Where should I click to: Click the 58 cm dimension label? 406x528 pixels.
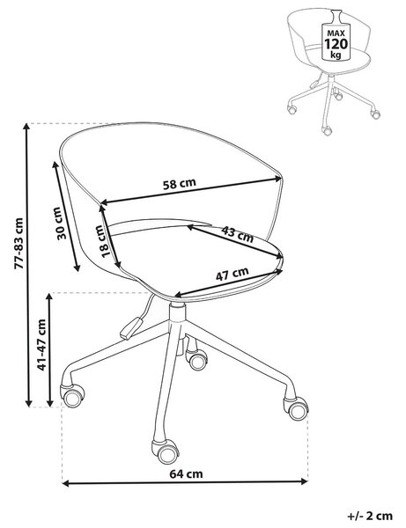(x=180, y=184)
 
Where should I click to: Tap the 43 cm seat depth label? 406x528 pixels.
(x=237, y=234)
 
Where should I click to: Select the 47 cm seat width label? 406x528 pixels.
(x=233, y=274)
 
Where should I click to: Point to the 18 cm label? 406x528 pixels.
(x=104, y=241)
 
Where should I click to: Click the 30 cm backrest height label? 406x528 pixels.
(x=59, y=224)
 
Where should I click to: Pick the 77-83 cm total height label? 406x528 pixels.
(x=18, y=244)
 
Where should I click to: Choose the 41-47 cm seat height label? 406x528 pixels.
(x=41, y=345)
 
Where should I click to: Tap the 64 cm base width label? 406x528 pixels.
(x=186, y=474)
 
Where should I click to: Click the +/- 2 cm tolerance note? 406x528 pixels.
(x=370, y=516)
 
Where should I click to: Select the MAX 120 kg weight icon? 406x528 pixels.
(x=336, y=36)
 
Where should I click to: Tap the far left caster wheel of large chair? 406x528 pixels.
(x=72, y=396)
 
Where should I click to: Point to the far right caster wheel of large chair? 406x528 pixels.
(x=296, y=408)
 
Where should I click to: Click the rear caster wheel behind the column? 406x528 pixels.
(x=196, y=360)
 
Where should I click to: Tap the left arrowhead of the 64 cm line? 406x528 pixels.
(x=66, y=483)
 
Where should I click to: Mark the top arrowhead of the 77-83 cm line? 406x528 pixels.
(x=27, y=127)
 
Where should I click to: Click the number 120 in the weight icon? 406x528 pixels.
(x=336, y=44)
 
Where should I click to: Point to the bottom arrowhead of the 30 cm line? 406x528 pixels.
(x=78, y=268)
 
